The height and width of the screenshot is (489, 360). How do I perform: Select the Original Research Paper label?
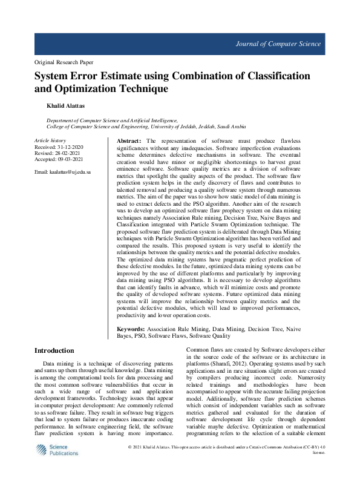click(x=64, y=62)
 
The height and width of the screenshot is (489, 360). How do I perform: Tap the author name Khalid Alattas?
click(x=67, y=106)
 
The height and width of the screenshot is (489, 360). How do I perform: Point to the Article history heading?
click(x=50, y=140)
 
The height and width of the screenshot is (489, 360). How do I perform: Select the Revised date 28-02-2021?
click(x=68, y=153)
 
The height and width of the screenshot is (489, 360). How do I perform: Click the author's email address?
click(x=63, y=172)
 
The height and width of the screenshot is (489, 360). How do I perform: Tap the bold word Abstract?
click(x=129, y=140)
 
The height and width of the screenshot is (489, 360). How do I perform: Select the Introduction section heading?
click(x=54, y=350)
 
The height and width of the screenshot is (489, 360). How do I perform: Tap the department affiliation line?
click(x=113, y=121)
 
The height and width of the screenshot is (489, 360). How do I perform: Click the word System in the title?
click(x=53, y=76)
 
